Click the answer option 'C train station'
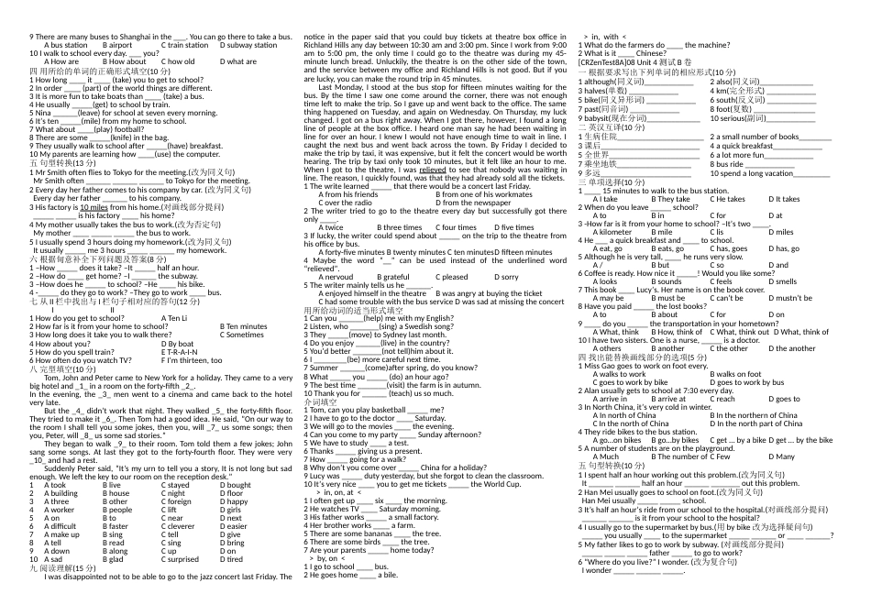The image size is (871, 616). click(184, 45)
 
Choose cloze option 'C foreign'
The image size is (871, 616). click(181, 501)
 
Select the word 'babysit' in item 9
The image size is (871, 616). click(598, 118)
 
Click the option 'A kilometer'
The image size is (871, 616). click(612, 232)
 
